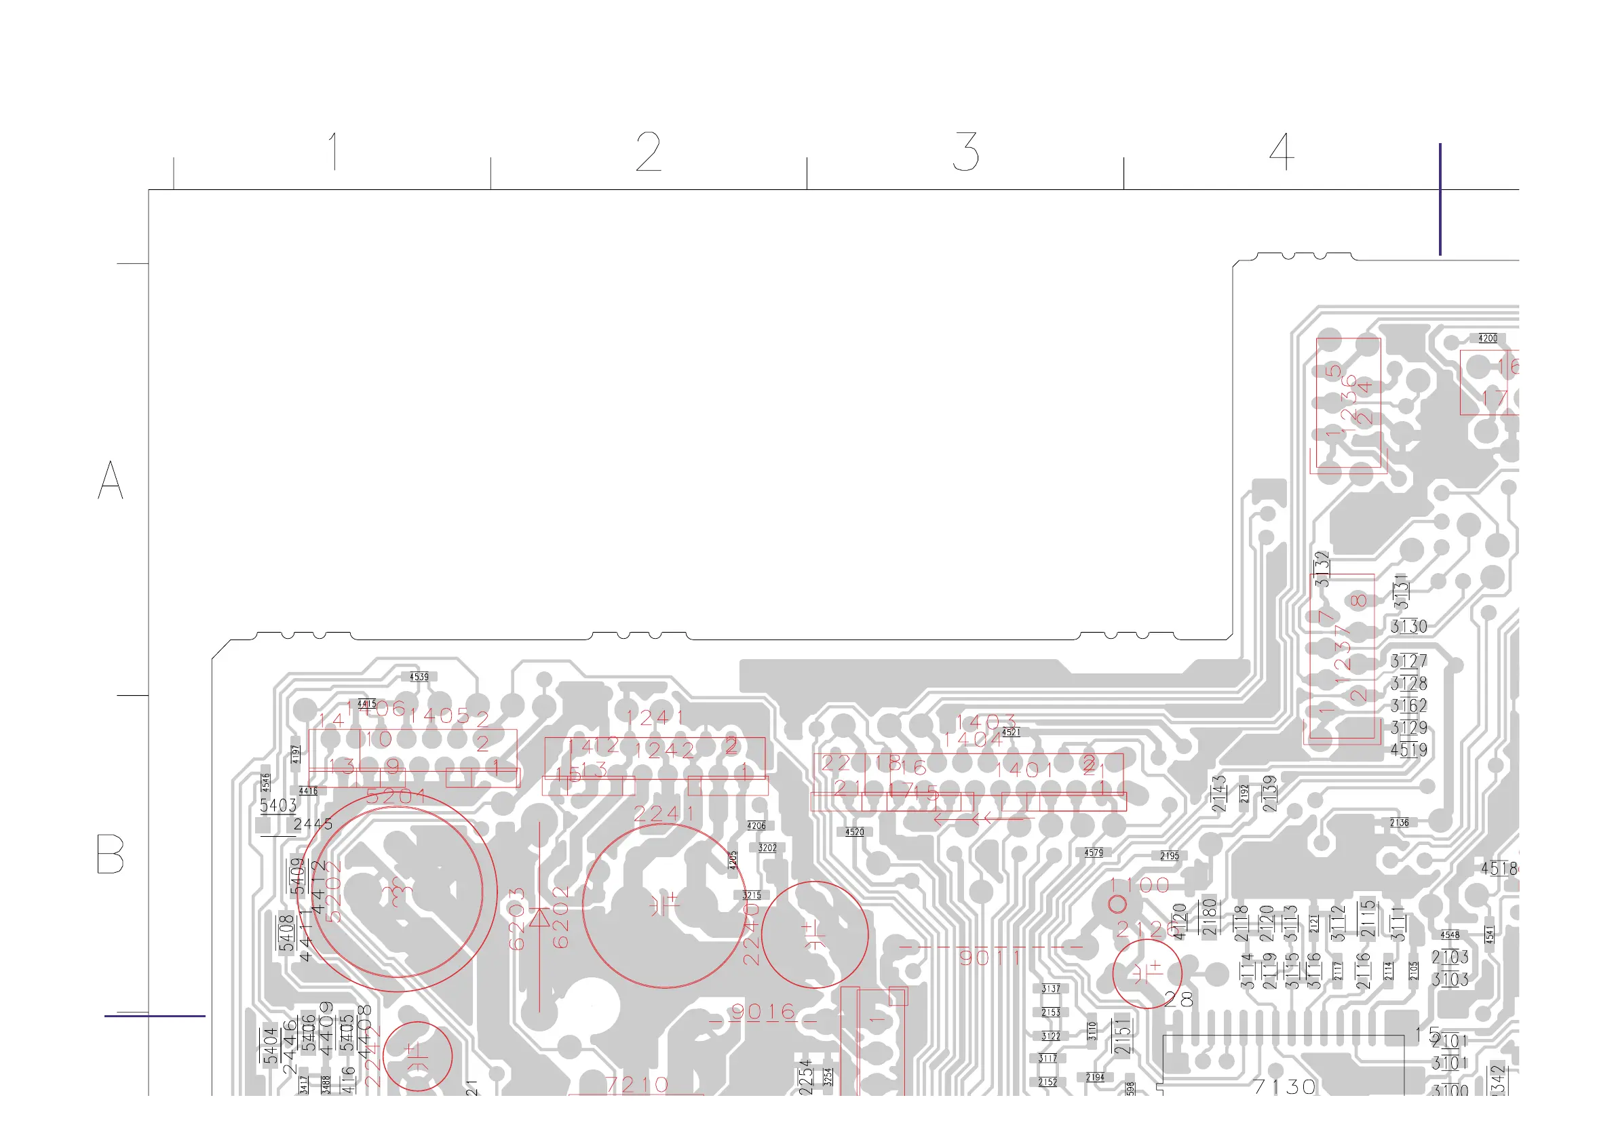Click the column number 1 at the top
pyautogui.click(x=334, y=151)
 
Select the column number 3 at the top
pyautogui.click(x=965, y=151)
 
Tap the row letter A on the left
pyautogui.click(x=111, y=480)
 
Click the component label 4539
pyautogui.click(x=419, y=676)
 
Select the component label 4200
pyautogui.click(x=1487, y=338)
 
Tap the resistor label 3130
pyautogui.click(x=1408, y=626)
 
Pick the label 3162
pyautogui.click(x=1408, y=705)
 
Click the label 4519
pyautogui.click(x=1408, y=750)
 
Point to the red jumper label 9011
pyautogui.click(x=991, y=957)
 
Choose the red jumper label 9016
pyautogui.click(x=763, y=1012)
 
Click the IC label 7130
pyautogui.click(x=1284, y=1087)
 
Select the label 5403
pyautogui.click(x=278, y=805)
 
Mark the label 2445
pyautogui.click(x=313, y=824)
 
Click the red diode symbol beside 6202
pyautogui.click(x=539, y=918)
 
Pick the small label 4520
pyautogui.click(x=853, y=831)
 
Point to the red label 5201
pyautogui.click(x=396, y=797)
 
